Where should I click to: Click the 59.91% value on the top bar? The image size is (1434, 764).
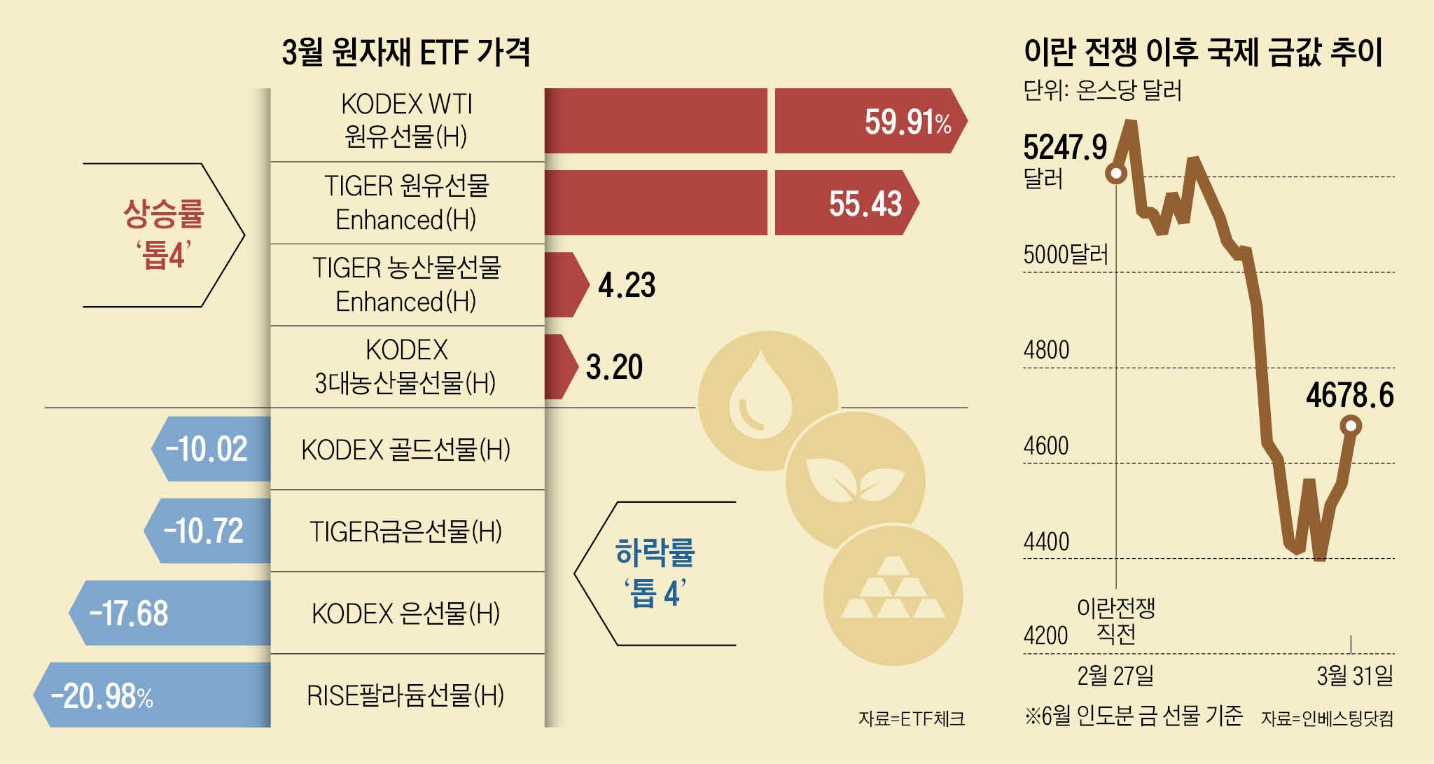907,122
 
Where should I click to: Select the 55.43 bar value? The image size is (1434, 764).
865,204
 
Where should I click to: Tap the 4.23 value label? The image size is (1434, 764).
627,286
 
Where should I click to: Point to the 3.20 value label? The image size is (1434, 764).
614,367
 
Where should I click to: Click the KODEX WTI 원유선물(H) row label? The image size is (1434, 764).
406,120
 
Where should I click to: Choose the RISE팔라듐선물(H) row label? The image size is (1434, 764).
405,695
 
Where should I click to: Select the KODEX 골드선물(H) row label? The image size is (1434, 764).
405,450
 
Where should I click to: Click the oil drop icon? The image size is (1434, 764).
761,401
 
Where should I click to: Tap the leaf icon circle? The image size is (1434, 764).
856,481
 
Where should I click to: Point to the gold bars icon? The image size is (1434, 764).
893,595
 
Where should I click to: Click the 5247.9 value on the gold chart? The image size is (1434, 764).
1065,148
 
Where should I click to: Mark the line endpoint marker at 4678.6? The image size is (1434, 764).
1351,426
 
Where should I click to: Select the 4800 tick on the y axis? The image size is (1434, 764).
1046,349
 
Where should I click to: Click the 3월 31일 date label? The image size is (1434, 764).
1354,676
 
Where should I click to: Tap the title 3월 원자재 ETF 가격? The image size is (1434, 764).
406,52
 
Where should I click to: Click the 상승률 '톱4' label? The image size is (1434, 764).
163,234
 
